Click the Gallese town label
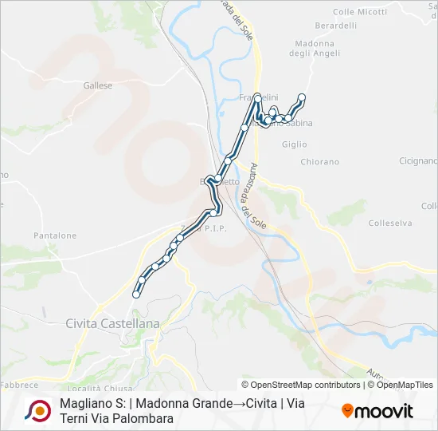98,85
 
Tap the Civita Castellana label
112,323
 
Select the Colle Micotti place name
360,12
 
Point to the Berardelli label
335,26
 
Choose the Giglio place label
294,144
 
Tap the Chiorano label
319,161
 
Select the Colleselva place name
390,223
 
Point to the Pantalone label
55,235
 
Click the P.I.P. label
216,228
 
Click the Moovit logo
377,411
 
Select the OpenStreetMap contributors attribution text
306,385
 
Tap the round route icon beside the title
37,410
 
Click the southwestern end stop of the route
136,295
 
